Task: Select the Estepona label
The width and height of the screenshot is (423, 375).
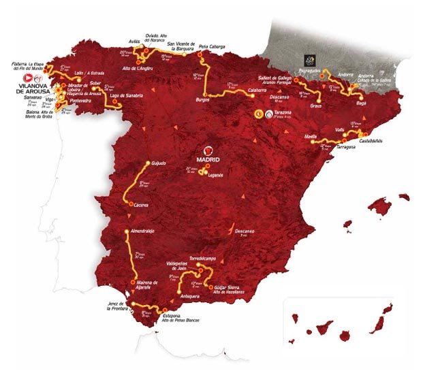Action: point(172,315)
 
